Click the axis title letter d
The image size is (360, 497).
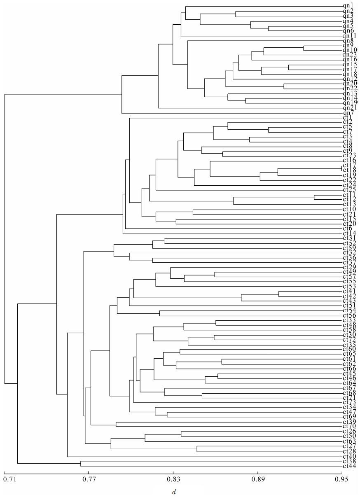point(173,491)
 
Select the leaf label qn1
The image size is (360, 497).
point(348,6)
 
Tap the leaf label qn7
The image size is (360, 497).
point(348,113)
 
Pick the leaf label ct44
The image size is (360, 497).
point(349,466)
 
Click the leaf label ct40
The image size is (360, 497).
point(349,456)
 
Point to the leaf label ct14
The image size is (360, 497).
point(349,233)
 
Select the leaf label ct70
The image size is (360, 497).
point(349,426)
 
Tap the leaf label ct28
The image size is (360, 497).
point(349,451)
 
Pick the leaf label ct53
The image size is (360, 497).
point(349,286)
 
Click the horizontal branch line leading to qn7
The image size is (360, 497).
point(231,113)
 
